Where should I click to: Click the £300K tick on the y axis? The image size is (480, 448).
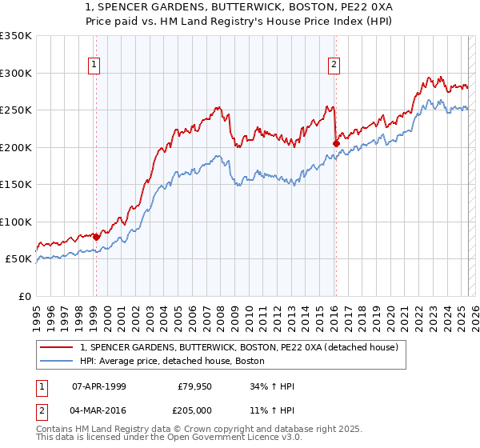point(15,73)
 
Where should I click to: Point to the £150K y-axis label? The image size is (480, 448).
point(15,184)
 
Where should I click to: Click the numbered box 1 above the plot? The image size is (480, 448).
point(94,66)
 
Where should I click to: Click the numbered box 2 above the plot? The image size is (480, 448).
point(334,66)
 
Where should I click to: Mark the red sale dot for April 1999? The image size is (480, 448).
point(96,237)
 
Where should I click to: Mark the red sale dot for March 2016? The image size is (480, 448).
point(336,144)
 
